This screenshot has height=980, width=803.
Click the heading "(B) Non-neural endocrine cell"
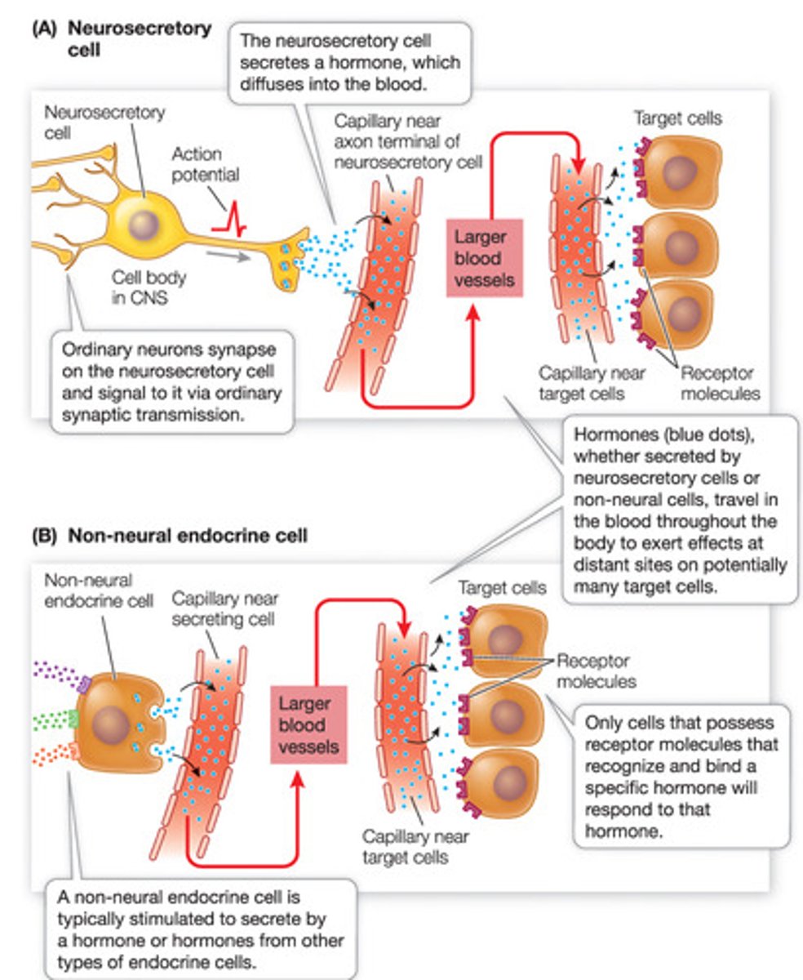(170, 536)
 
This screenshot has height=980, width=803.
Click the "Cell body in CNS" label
(149, 287)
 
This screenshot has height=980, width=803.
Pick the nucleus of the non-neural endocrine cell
(109, 724)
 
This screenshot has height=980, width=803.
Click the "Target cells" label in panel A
(677, 119)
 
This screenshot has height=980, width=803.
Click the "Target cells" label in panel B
(502, 588)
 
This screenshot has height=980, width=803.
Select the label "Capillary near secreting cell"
(223, 609)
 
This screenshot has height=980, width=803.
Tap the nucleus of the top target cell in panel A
(679, 173)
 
